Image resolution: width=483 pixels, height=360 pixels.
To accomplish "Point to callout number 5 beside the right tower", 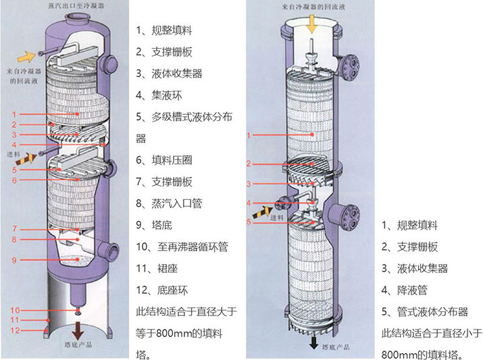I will coord(249,222).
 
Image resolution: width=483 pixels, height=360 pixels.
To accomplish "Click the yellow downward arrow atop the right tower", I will coord(311,25).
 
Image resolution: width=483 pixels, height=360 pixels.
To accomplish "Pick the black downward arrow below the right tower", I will coord(313,343).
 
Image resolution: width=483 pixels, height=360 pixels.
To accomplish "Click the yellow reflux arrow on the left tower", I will coord(30,55).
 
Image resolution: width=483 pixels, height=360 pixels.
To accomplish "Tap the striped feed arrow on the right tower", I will coord(261,211).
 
